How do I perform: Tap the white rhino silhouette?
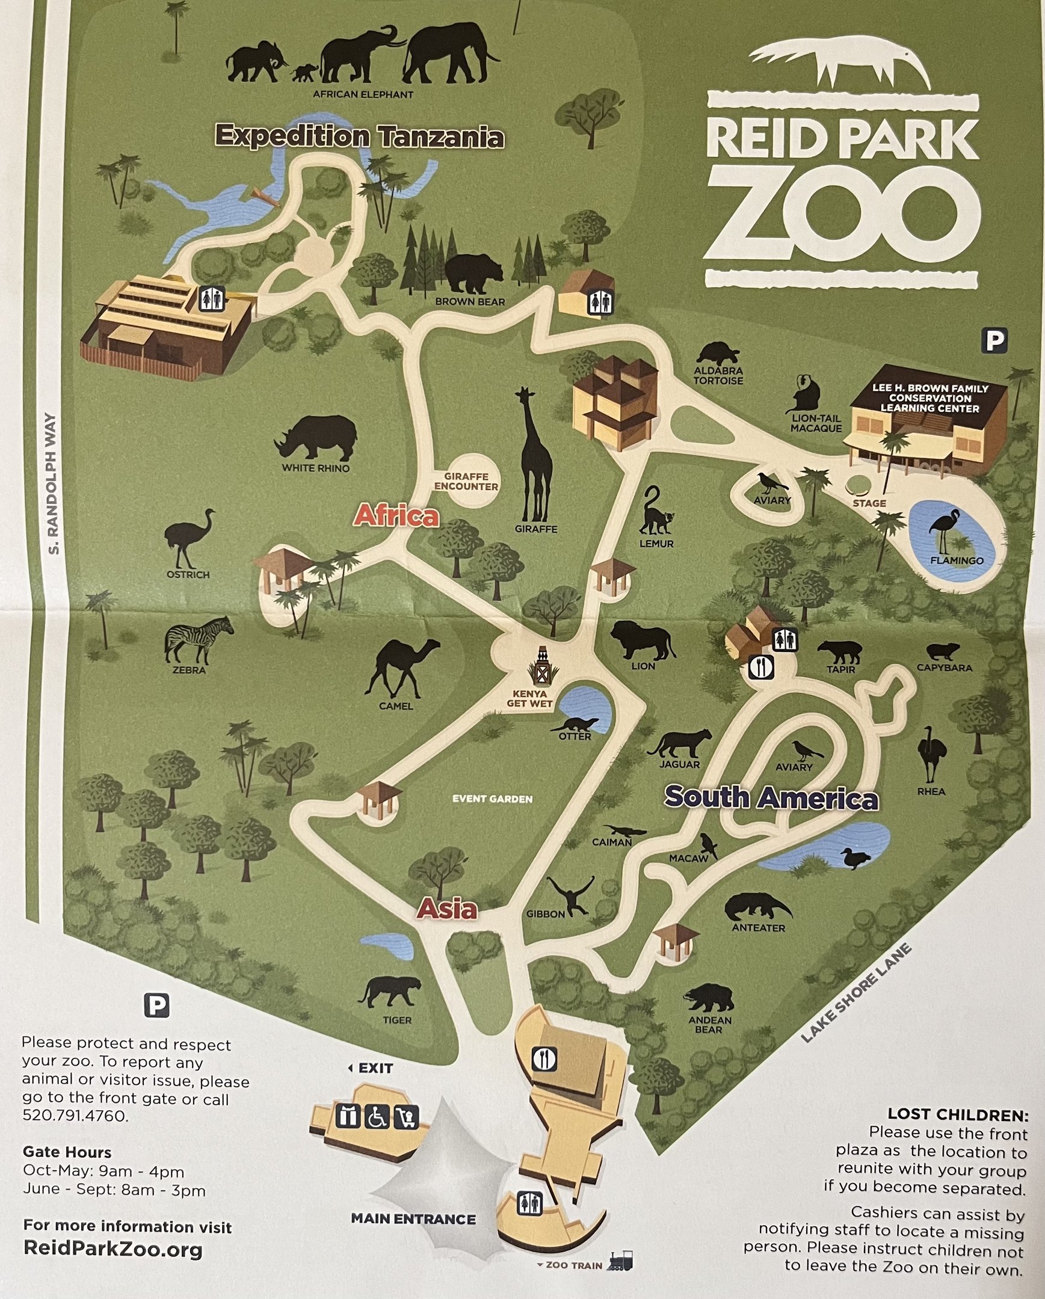[x=316, y=437]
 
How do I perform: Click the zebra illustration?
[x=197, y=639]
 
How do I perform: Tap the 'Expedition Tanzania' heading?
[x=359, y=136]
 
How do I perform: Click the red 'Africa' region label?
[x=396, y=516]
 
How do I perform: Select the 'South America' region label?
[x=771, y=797]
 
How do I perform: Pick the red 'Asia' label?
[x=447, y=909]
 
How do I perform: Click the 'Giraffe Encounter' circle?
[x=466, y=481]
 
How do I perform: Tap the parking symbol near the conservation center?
[x=994, y=341]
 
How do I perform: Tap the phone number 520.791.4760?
[x=75, y=1116]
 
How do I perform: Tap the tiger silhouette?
[x=390, y=991]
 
